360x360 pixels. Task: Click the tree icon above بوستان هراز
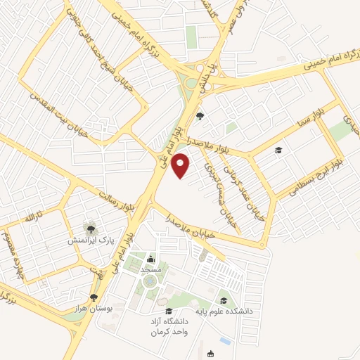coord(94,298)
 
